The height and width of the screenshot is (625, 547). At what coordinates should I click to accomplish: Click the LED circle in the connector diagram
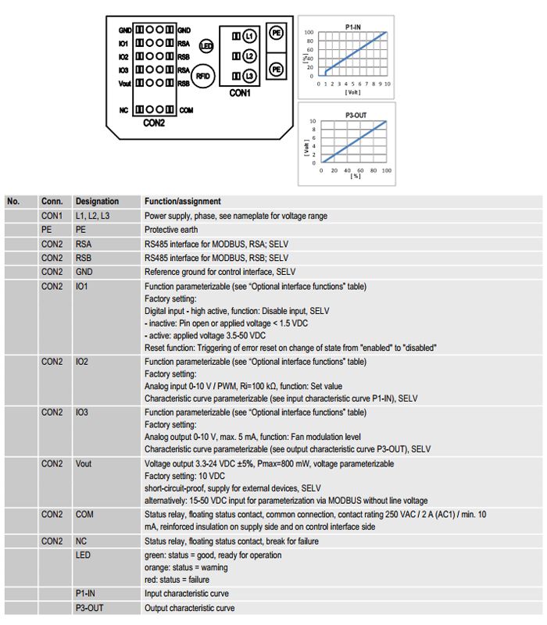click(x=206, y=46)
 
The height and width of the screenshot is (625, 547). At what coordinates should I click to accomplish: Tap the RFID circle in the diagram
click(x=203, y=76)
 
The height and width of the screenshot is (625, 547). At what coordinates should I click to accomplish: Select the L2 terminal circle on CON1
click(x=249, y=55)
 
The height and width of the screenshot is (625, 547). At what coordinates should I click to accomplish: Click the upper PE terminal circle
click(x=277, y=33)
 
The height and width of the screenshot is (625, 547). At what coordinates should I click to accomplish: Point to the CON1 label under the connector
click(x=240, y=93)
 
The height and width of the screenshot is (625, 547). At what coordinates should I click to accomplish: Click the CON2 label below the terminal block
click(x=154, y=123)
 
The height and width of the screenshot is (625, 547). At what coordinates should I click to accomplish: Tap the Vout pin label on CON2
click(x=125, y=84)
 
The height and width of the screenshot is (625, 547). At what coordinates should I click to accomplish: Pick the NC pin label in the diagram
click(x=123, y=110)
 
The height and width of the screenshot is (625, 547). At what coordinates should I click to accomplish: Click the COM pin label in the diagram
click(x=186, y=110)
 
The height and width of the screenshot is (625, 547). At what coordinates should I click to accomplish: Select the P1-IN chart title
click(x=353, y=27)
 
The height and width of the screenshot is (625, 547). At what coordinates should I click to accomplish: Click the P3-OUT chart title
click(x=356, y=115)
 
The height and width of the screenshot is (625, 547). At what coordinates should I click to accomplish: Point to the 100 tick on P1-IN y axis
click(x=309, y=32)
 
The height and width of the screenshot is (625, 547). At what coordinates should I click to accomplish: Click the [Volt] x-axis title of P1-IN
click(x=352, y=92)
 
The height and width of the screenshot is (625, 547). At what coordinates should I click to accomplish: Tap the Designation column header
click(x=97, y=202)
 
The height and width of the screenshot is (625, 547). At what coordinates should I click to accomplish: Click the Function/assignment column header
click(x=183, y=202)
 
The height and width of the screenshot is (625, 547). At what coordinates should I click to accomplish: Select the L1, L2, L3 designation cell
click(x=92, y=216)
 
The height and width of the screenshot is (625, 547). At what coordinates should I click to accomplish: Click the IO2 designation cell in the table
click(x=82, y=362)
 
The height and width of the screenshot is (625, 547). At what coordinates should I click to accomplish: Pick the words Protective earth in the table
click(x=171, y=230)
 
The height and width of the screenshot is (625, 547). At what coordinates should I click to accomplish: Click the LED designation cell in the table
click(x=83, y=555)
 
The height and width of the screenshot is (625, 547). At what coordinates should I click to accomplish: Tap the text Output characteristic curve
click(x=189, y=608)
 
